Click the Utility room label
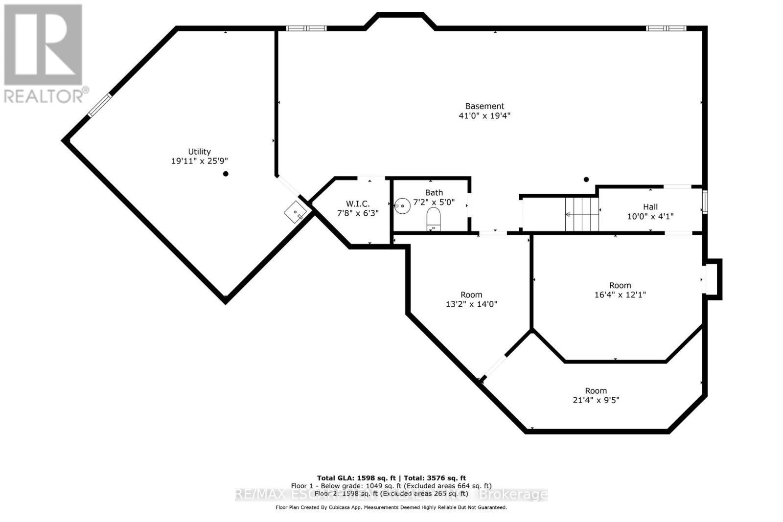click(x=199, y=152)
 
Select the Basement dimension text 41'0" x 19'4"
click(x=484, y=116)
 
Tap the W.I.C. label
click(x=358, y=204)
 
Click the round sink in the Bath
click(x=402, y=206)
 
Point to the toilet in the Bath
click(x=434, y=218)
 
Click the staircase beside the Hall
click(x=582, y=214)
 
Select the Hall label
click(x=650, y=207)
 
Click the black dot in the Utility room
click(x=226, y=174)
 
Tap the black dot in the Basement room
click(x=586, y=180)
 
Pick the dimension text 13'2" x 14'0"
click(x=471, y=304)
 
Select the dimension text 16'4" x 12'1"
click(x=620, y=295)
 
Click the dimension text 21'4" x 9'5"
click(x=596, y=400)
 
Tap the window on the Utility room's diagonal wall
click(x=99, y=105)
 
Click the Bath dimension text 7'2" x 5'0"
click(x=434, y=202)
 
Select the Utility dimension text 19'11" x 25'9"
click(x=200, y=161)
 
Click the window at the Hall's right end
click(x=705, y=202)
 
